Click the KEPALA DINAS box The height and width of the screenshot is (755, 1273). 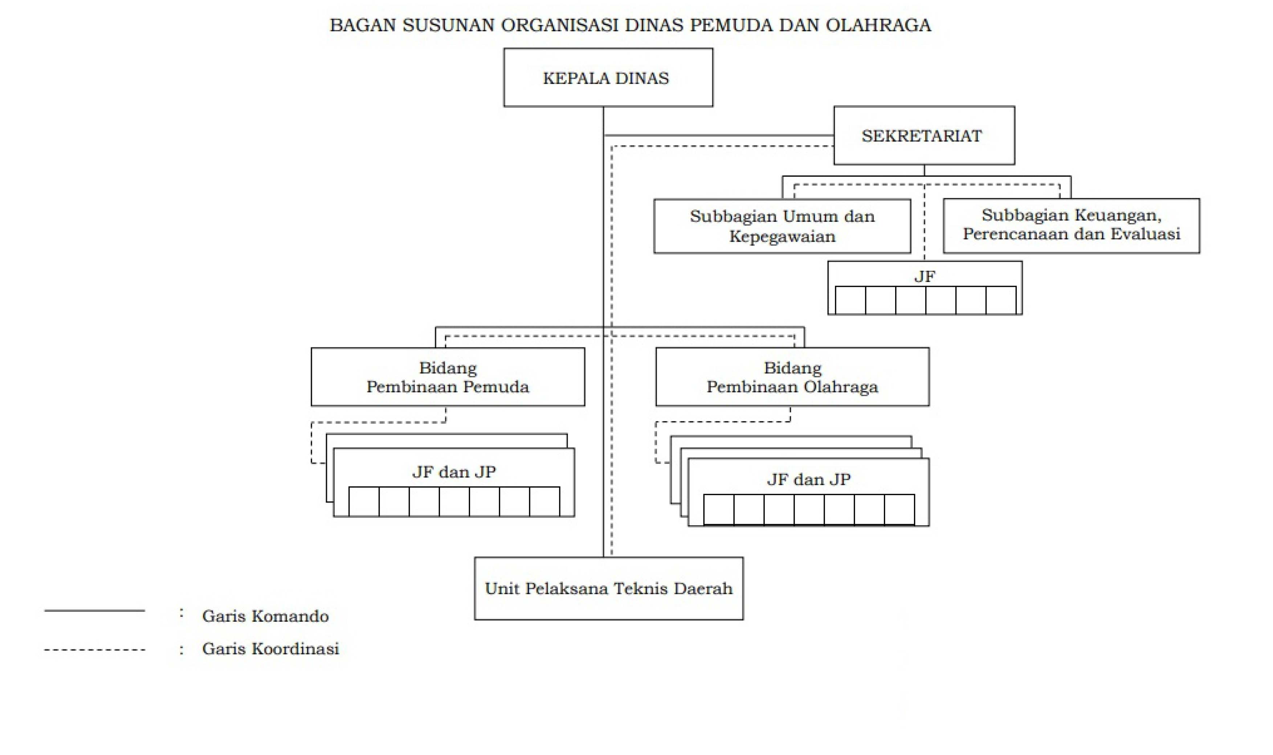(x=608, y=77)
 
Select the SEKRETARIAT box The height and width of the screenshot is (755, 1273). (x=924, y=135)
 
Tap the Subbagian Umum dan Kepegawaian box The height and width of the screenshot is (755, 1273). (x=782, y=226)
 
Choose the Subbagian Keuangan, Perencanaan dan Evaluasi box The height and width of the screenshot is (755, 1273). (x=1071, y=226)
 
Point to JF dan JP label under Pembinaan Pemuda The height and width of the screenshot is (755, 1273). (x=454, y=472)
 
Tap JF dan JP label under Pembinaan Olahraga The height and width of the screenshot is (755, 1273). (x=808, y=479)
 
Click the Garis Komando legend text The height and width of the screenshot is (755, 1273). (x=265, y=616)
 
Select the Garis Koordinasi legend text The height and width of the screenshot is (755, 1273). (x=270, y=649)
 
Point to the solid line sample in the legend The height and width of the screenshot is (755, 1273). (x=95, y=610)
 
